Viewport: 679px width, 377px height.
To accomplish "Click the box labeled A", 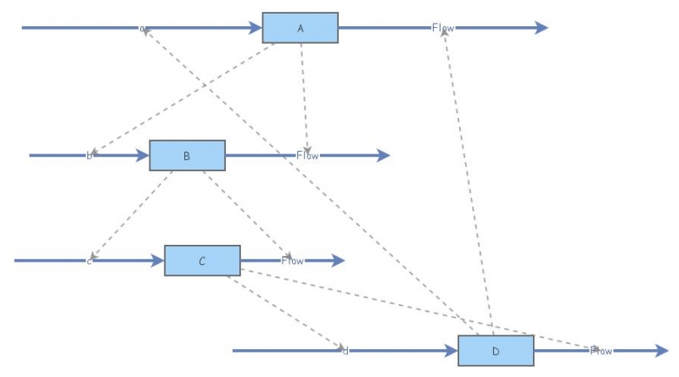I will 300,28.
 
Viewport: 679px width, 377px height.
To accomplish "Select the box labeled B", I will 187,156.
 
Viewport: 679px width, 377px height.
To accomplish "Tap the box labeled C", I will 202,261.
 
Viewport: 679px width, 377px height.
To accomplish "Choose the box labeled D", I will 496,351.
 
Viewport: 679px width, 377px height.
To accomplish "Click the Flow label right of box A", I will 443,28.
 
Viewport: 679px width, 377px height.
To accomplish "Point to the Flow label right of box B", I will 307,156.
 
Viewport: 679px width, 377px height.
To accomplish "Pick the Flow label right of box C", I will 292,261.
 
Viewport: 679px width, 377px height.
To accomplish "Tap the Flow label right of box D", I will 601,351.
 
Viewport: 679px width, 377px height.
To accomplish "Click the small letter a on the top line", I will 143,29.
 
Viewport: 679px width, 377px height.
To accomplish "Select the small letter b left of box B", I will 89,156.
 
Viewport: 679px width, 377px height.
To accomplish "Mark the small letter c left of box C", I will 89,261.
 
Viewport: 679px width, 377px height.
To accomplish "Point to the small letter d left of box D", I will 345,350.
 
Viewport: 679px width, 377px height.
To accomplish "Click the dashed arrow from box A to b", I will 182,98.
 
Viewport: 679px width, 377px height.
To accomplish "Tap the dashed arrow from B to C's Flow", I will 246,215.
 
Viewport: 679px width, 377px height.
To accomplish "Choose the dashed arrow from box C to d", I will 284,313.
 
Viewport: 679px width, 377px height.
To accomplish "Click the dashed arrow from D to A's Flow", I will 467,178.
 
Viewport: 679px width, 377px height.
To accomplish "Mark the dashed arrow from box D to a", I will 306,178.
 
